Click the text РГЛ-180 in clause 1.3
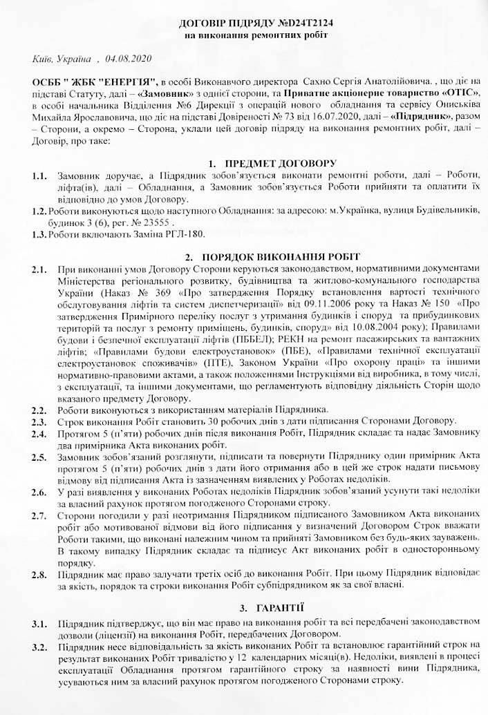(x=187, y=235)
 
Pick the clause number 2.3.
(x=39, y=421)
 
